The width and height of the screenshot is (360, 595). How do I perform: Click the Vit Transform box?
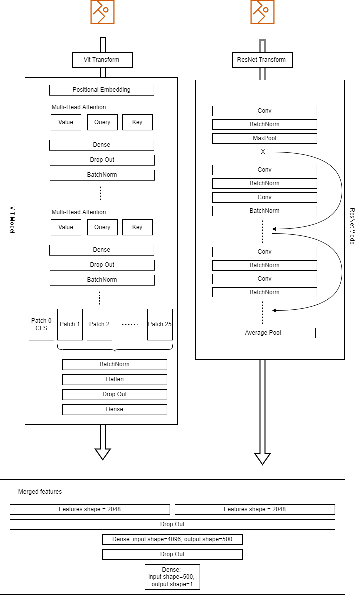[102, 60]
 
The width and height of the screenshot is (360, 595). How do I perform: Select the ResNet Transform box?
[262, 60]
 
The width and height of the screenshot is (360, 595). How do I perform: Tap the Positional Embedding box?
[102, 90]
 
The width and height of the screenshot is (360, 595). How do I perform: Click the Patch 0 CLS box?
[41, 324]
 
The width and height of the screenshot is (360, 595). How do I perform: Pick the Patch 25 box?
[160, 324]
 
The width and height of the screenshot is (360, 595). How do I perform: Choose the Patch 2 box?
[100, 324]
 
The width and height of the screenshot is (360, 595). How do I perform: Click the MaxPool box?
[264, 138]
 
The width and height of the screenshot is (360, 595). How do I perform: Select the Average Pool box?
[263, 333]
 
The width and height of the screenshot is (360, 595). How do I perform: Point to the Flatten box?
[114, 379]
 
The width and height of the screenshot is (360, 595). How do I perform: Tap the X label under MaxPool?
[263, 152]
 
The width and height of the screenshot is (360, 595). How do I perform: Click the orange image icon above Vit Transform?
[102, 12]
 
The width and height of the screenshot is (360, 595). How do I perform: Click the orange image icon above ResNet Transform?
[262, 12]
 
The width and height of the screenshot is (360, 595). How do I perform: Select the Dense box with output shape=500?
[172, 539]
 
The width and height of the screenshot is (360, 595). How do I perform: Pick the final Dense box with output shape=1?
[172, 577]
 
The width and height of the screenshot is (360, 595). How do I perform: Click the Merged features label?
[40, 492]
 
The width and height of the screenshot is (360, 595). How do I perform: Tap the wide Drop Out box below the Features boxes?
[172, 524]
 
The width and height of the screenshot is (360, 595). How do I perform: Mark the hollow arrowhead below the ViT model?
[103, 453]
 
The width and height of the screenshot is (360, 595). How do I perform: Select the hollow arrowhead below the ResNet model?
[262, 458]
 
